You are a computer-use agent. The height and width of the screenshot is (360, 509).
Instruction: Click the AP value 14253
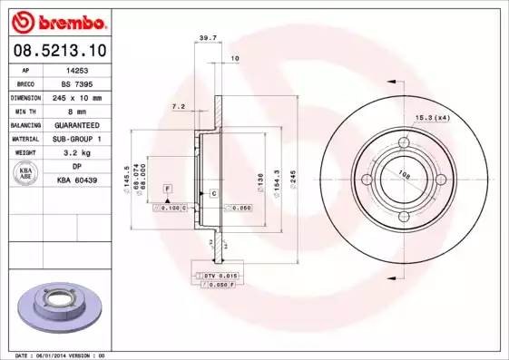point(77,69)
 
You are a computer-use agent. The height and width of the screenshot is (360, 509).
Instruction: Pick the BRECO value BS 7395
point(77,83)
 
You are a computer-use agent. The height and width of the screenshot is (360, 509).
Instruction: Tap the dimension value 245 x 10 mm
point(77,96)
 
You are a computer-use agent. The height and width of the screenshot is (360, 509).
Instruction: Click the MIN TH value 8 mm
point(77,110)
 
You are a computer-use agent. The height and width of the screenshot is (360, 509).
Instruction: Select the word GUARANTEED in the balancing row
point(77,124)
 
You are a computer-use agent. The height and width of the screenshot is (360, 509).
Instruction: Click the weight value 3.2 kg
point(77,152)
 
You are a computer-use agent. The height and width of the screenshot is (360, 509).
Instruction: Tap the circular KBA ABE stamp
point(26,174)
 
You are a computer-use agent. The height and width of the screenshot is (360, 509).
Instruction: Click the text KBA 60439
point(77,180)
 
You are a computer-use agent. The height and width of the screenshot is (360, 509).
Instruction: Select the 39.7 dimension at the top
point(207,38)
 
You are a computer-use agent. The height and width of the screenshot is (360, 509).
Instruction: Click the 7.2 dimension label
point(179,107)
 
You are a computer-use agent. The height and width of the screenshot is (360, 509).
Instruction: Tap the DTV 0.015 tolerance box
point(220,275)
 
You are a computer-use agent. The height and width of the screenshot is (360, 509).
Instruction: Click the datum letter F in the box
point(167,187)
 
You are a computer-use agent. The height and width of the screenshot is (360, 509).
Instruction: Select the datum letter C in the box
point(212,194)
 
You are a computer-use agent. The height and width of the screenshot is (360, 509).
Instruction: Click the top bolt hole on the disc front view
point(404,142)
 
